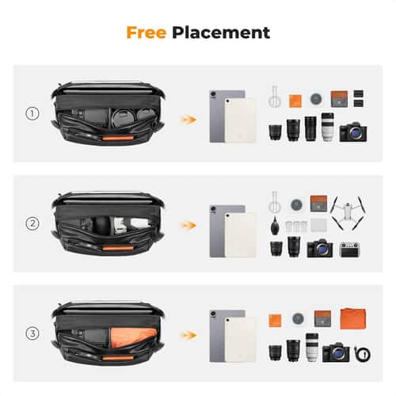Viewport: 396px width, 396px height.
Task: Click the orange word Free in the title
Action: (147, 33)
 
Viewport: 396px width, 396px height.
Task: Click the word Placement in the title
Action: (221, 33)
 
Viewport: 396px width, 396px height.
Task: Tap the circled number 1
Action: (32, 114)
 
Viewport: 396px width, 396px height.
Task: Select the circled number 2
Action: (32, 224)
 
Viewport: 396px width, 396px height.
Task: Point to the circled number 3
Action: (32, 333)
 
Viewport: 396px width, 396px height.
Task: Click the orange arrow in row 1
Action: (188, 119)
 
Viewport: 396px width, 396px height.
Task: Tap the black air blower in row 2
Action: (274, 226)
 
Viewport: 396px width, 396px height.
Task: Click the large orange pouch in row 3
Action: (352, 319)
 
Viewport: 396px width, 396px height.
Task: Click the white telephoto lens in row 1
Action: (327, 128)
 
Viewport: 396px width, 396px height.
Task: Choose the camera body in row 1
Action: (353, 131)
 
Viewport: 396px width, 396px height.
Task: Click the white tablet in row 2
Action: (240, 234)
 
